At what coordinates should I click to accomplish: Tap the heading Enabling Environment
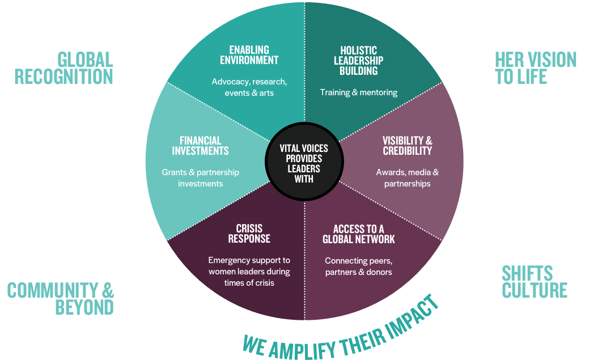point(245,55)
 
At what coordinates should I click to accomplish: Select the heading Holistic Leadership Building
point(358,61)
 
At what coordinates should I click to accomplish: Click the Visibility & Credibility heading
point(407,146)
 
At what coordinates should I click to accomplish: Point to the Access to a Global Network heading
point(358,234)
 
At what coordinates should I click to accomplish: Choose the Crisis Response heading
point(249,234)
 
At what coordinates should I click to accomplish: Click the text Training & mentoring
point(358,92)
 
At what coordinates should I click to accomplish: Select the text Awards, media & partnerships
point(407,177)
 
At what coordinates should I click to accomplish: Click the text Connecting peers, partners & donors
point(358,266)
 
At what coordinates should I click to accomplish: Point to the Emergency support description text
point(249,271)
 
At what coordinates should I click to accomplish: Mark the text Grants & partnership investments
point(200,177)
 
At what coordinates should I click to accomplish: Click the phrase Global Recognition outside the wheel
point(63,68)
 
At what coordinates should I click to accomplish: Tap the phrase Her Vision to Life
point(536,68)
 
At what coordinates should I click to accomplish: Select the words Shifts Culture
point(534,281)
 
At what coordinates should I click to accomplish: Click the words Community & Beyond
point(61,299)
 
